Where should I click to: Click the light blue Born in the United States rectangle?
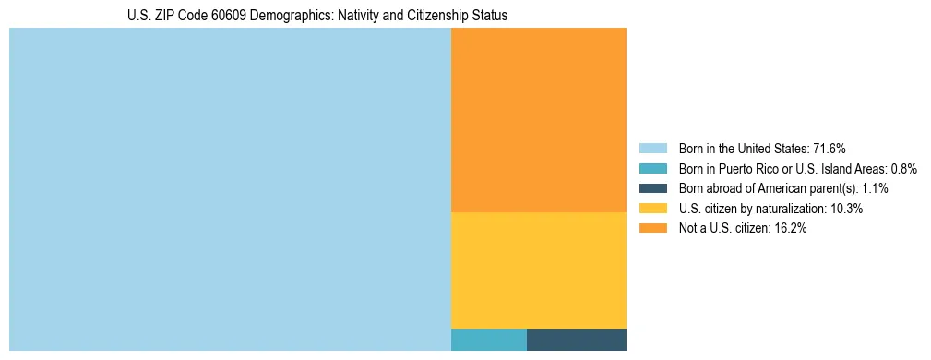coord(230,189)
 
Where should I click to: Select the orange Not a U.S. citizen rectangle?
coord(538,120)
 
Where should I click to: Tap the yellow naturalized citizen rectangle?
coord(538,270)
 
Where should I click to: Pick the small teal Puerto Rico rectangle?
coord(488,339)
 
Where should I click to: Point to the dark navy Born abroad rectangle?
coord(576,339)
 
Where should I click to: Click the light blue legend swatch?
coord(652,149)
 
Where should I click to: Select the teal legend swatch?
coord(652,169)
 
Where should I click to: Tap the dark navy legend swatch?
coord(652,188)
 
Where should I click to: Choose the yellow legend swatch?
coord(652,209)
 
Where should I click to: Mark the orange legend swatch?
coord(652,228)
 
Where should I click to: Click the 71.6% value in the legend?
coord(830,149)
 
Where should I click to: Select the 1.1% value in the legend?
coord(875,188)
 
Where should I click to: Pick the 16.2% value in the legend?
coord(791,228)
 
